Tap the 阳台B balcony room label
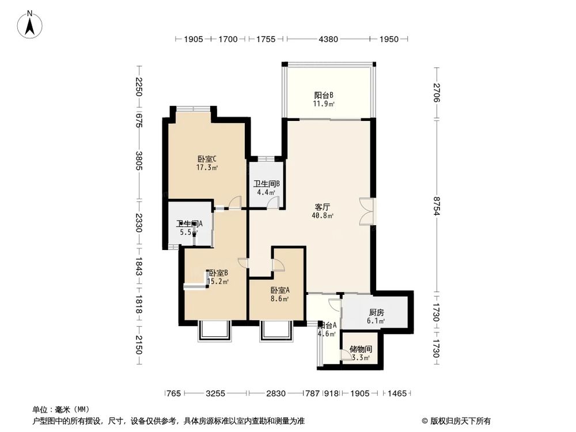coord(324,96)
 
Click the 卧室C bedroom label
coord(206,160)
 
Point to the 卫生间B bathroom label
coord(267,184)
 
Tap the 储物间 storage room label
coord(361,350)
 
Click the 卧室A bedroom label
coord(279,290)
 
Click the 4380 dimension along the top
coord(327,39)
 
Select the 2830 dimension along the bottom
coord(276,393)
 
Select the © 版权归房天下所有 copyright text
coord(456,420)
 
